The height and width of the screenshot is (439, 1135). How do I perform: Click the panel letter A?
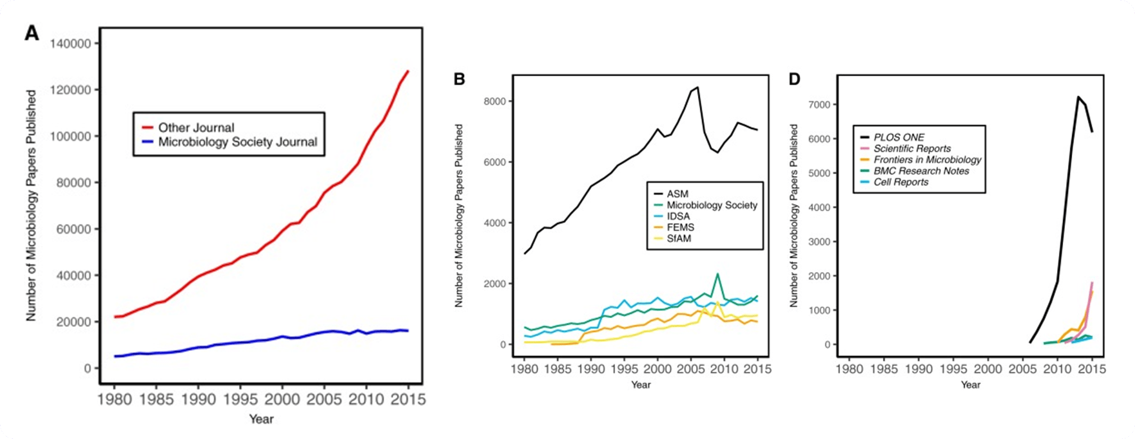[32, 34]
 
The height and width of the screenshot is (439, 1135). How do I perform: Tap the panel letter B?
[459, 79]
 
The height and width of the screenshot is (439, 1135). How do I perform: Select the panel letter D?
[794, 79]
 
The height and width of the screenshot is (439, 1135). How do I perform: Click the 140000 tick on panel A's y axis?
[71, 44]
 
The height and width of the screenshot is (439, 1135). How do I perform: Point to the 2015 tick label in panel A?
[407, 399]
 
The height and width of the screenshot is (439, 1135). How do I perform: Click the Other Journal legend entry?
[196, 128]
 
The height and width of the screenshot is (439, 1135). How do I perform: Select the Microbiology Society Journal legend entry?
[237, 142]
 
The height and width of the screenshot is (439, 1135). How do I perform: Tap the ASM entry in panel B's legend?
[678, 194]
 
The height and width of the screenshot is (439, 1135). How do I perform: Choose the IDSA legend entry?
[679, 216]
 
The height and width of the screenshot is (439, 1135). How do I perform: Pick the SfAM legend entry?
[679, 239]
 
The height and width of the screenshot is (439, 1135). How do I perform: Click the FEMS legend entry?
[681, 228]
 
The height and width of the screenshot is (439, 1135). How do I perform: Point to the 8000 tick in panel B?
[494, 101]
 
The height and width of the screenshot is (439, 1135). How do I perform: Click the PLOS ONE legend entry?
[899, 137]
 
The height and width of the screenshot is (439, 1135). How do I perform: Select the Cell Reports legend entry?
[900, 182]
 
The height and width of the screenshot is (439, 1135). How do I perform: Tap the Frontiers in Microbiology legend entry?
[927, 160]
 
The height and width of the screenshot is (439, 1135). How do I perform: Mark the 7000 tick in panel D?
[819, 105]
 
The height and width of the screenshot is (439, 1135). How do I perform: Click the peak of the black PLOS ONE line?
[1078, 97]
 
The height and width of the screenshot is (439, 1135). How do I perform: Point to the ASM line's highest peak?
[697, 87]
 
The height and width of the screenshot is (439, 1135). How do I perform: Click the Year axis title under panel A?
[261, 419]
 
